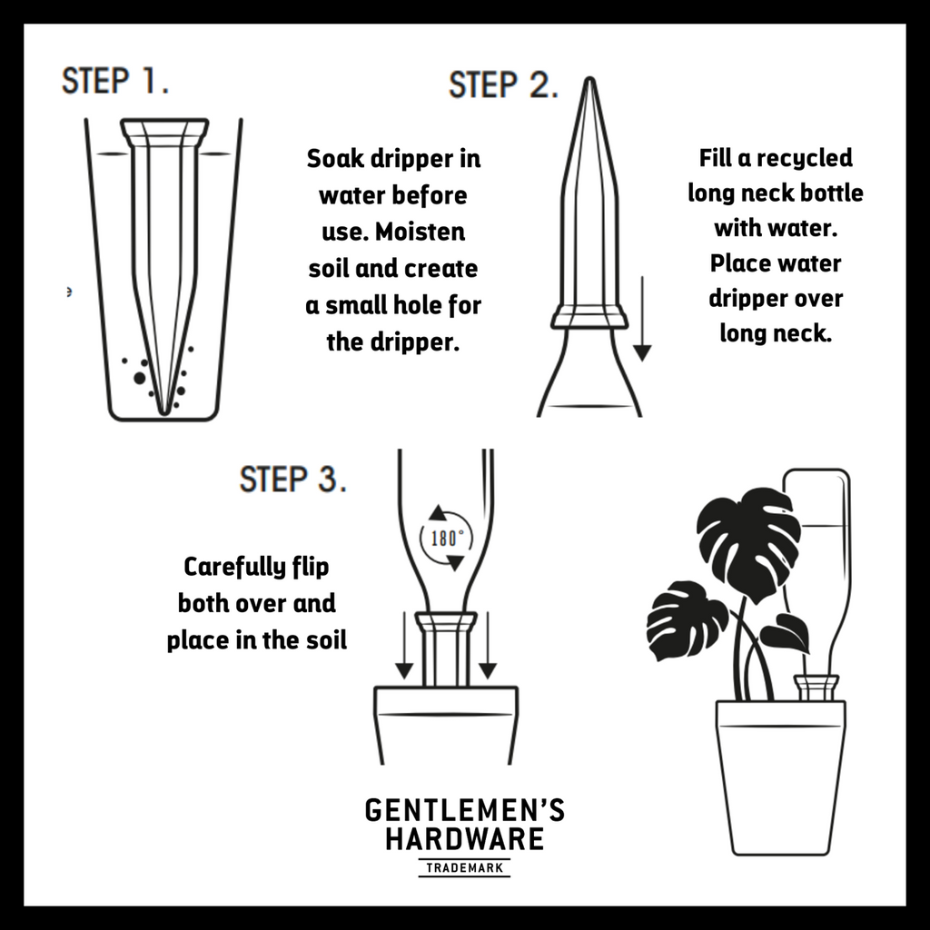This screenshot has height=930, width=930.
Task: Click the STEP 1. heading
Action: click(x=115, y=81)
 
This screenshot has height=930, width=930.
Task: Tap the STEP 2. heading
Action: click(x=503, y=84)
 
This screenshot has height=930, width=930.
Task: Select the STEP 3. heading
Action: click(x=292, y=480)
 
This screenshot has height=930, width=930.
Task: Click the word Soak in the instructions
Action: click(x=335, y=158)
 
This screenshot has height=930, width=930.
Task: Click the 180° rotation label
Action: click(x=447, y=539)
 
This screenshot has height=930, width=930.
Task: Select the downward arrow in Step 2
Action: click(x=642, y=319)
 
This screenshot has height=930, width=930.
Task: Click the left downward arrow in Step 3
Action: click(x=404, y=646)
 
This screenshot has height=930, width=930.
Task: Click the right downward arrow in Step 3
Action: click(x=488, y=646)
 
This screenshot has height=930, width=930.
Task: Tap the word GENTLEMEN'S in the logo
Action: click(x=464, y=810)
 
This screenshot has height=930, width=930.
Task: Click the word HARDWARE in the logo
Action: click(x=464, y=838)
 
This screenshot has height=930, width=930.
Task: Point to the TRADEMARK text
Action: click(x=464, y=868)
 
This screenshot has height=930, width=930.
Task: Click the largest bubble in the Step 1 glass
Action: click(x=140, y=378)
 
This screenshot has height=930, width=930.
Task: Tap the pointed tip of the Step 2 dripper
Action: click(x=589, y=78)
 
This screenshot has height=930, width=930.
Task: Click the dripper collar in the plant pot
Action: click(x=816, y=688)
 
